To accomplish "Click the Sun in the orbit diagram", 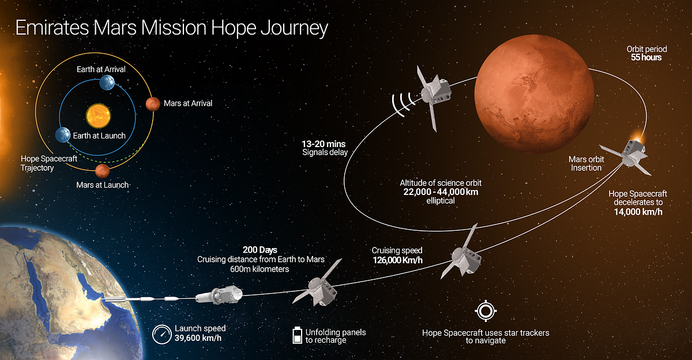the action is tap(98, 116).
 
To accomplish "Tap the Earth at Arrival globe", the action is tap(107, 82).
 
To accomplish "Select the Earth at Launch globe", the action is tap(63, 135).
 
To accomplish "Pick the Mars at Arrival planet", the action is tap(153, 104).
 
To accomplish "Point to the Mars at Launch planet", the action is tap(102, 171).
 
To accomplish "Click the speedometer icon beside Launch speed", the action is tap(161, 335).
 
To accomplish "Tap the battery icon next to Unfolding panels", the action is tap(297, 335).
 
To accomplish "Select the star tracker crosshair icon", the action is tap(486, 311).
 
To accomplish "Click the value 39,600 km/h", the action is tap(198, 339).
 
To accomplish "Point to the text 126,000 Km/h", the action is tap(397, 260).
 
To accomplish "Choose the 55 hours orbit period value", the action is tap(646, 58).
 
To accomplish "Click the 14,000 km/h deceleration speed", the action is tap(638, 212).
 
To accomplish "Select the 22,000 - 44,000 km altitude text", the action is tap(441, 192).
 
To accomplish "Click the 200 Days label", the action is tap(260, 250).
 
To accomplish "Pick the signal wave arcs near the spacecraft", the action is tap(403, 104).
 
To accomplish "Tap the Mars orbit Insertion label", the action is tap(586, 163).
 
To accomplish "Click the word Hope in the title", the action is tap(234, 28).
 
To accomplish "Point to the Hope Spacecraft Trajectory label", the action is tap(49, 163).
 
